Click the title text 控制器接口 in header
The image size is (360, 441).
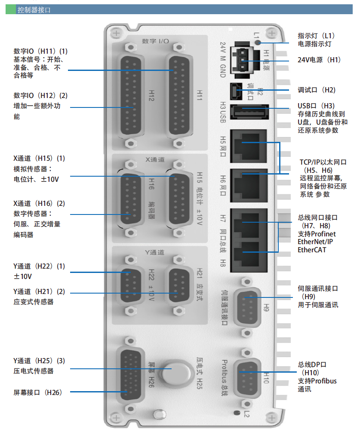click(34, 9)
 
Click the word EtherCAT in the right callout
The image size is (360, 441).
click(312, 250)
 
